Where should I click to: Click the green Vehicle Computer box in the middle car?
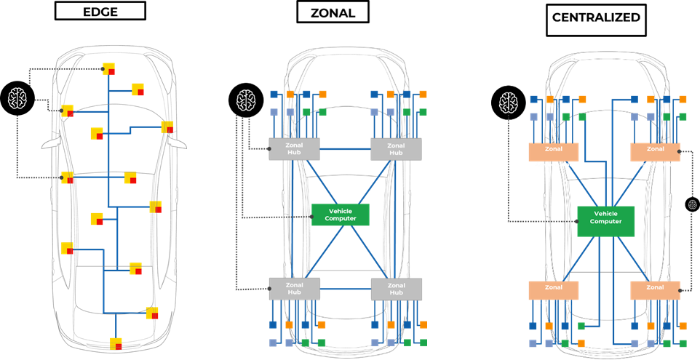pos(340,215)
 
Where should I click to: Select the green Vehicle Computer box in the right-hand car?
pos(605,221)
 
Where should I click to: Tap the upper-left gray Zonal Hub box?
pos(294,149)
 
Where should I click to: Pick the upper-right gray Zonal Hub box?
pos(396,149)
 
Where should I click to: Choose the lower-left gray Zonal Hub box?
pos(294,289)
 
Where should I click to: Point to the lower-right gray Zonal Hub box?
pos(396,289)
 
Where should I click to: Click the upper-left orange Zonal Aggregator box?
pos(553,151)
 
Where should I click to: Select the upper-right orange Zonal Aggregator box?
pos(655,151)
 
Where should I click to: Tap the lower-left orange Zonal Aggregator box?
pos(553,290)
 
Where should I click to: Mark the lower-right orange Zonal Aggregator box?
pos(655,290)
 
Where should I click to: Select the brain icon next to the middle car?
pos(247,100)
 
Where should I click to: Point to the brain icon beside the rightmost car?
pos(509,102)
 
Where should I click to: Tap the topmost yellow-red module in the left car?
pos(109,69)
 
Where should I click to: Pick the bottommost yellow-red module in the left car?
pos(116,343)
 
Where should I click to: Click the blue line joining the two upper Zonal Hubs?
pos(345,149)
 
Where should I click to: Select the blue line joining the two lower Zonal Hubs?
pos(345,289)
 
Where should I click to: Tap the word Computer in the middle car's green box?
pos(340,218)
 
